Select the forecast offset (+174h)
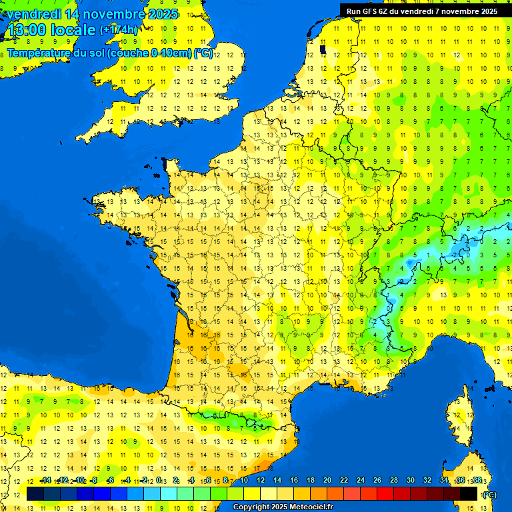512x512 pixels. tap(119, 30)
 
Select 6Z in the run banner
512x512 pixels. tap(385, 11)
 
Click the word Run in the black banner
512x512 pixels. tap(353, 11)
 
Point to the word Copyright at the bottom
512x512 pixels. tap(251, 507)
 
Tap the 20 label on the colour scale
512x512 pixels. tap(327, 481)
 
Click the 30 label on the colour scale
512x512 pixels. tap(411, 481)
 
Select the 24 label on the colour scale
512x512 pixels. tap(361, 481)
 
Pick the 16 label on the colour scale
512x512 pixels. tap(294, 481)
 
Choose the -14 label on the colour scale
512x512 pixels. tap(45, 481)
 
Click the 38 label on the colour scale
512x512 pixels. tap(477, 481)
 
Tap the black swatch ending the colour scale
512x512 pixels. tap(469, 494)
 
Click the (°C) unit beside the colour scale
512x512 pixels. tap(490, 495)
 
